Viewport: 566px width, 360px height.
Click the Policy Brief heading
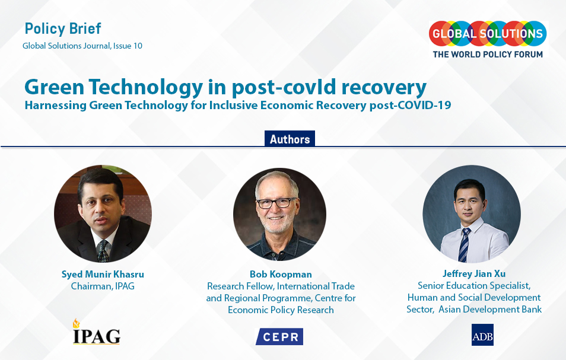coord(63,28)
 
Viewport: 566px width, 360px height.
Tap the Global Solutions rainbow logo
coord(487,33)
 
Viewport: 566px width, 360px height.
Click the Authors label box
coord(290,139)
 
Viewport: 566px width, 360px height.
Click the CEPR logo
coord(279,336)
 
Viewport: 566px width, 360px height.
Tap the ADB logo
coord(482,335)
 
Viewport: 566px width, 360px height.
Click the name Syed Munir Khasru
coord(102,274)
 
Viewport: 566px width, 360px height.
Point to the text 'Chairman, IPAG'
coord(102,286)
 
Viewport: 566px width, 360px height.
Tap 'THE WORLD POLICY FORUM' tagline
coord(488,55)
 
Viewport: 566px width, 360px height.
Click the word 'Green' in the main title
coord(52,87)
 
